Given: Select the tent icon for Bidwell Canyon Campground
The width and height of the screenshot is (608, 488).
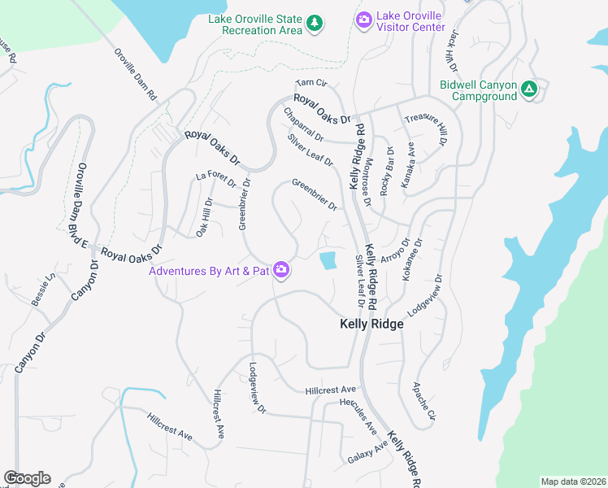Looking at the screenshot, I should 529,88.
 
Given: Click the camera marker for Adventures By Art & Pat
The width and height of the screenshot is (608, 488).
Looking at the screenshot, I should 281,270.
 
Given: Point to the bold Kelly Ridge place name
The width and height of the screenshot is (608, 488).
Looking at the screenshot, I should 371,324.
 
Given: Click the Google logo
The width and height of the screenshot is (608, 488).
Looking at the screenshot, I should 27,478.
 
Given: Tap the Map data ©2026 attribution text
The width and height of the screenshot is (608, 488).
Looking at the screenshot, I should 573,481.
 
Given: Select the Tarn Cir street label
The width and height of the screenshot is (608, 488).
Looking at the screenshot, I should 311,83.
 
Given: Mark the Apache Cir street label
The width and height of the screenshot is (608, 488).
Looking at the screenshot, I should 424,402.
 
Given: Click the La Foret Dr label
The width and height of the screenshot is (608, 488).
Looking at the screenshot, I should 215,176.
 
